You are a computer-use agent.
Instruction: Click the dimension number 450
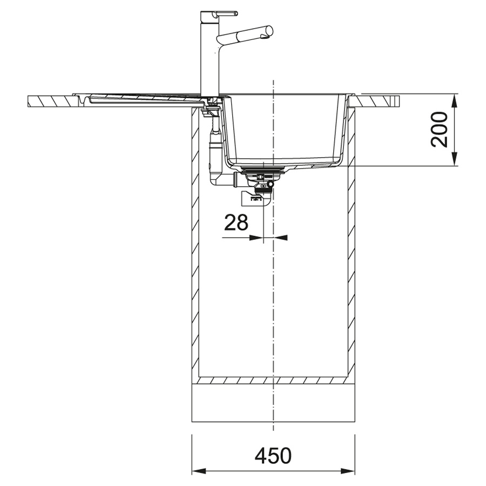coord(273,455)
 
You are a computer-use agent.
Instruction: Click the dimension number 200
coord(439,130)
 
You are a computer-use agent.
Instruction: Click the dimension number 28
coord(236,222)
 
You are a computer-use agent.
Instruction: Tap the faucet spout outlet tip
coord(265,37)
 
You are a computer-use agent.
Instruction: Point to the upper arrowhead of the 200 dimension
coord(454,101)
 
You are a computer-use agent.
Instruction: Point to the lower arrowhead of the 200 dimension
coord(454,159)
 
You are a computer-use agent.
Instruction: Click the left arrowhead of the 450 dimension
coord(199,472)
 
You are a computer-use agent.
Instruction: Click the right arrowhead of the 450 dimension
coord(348,472)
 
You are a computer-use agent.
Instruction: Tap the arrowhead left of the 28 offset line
coord(256,238)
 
